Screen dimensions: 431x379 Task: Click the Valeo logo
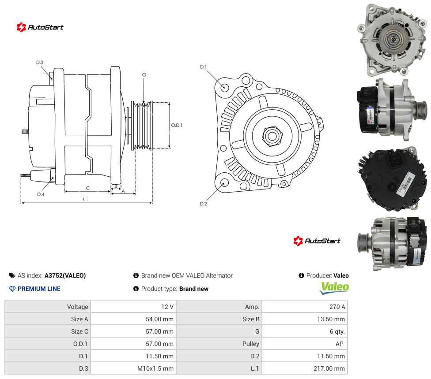click(x=334, y=288)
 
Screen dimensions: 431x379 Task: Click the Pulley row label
click(x=251, y=344)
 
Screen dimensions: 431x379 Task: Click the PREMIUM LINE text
click(x=39, y=289)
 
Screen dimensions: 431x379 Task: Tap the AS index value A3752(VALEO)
click(x=65, y=275)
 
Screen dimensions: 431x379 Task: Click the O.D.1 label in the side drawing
click(x=177, y=125)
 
